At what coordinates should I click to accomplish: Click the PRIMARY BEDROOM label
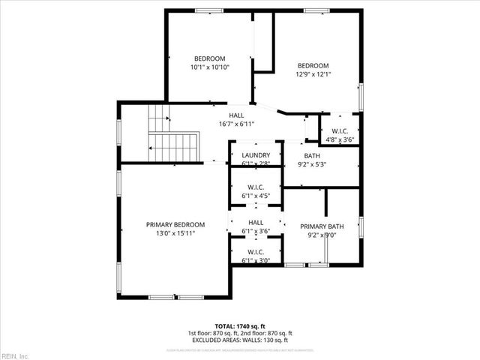(175, 224)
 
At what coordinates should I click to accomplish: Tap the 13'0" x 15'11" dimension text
(175, 233)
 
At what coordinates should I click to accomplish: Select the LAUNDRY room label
(256, 154)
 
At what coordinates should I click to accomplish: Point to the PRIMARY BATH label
(322, 226)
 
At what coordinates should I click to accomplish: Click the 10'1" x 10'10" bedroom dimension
(209, 67)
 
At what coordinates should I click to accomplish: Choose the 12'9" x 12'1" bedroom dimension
(313, 74)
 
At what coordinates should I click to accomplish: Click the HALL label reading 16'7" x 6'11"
(236, 115)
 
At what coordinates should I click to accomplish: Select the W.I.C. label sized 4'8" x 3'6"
(340, 130)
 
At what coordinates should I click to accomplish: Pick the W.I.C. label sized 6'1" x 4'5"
(256, 187)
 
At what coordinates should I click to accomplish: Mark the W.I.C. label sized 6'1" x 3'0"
(256, 252)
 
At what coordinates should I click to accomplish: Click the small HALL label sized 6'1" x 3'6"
(256, 223)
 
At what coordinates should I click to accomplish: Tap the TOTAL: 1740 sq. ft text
(240, 325)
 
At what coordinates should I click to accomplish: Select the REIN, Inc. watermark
(15, 355)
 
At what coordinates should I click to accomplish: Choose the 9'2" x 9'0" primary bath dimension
(322, 235)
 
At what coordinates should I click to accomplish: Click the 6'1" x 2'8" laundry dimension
(256, 163)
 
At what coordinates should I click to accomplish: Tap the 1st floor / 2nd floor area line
(240, 333)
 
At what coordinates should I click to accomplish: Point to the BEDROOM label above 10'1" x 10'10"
(209, 58)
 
